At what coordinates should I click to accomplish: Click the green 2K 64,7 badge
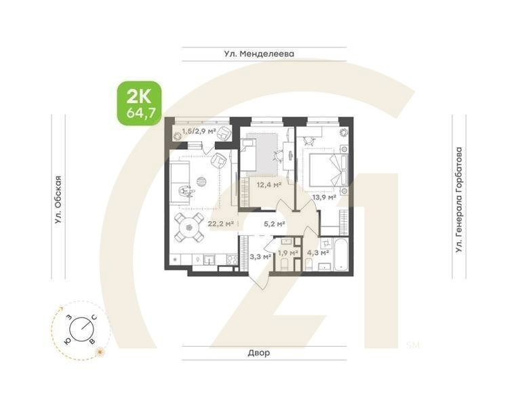point(140,102)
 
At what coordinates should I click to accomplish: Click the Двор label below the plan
point(259,353)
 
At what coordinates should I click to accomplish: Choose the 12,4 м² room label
point(268,184)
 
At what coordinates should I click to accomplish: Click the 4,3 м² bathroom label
point(318,252)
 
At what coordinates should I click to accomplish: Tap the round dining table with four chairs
point(189,227)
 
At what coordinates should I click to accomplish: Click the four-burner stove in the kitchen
point(231,259)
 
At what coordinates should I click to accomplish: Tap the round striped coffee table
point(201,180)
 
